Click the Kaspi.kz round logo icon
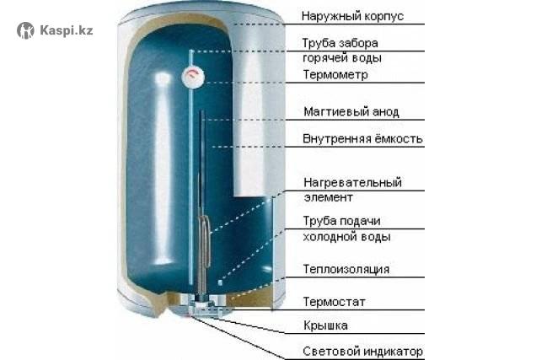click(x=25, y=30)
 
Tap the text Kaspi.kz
click(x=67, y=30)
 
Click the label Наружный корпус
click(x=352, y=16)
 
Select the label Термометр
click(x=335, y=74)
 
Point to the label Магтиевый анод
click(x=351, y=112)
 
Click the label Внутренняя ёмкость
click(x=362, y=139)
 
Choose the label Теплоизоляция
click(x=346, y=269)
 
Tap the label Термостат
click(x=334, y=302)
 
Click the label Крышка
click(x=325, y=325)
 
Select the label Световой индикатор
click(x=362, y=352)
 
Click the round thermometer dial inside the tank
click(x=193, y=77)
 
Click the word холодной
click(x=328, y=237)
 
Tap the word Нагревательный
click(x=352, y=183)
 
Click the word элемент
click(x=328, y=197)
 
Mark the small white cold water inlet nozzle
click(x=220, y=282)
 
